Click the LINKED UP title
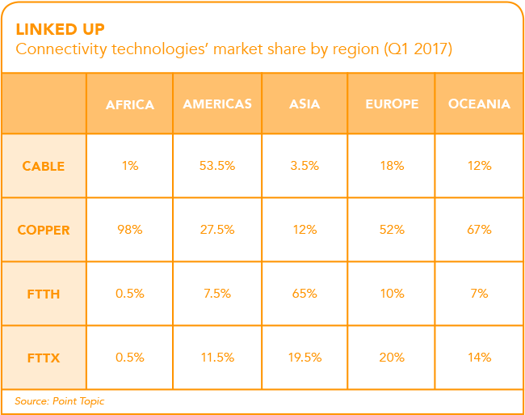pyautogui.click(x=53, y=30)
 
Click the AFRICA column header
pyautogui.click(x=129, y=104)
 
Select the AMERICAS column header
pyautogui.click(x=217, y=104)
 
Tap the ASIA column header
pyautogui.click(x=304, y=104)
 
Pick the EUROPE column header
pyautogui.click(x=392, y=104)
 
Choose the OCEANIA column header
pyautogui.click(x=479, y=104)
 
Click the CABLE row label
pyautogui.click(x=44, y=166)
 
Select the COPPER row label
pyautogui.click(x=44, y=230)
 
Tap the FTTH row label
pyautogui.click(x=44, y=294)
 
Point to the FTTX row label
pyautogui.click(x=44, y=358)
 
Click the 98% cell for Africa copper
pyautogui.click(x=129, y=230)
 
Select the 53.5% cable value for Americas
pyautogui.click(x=217, y=166)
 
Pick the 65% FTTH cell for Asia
pyautogui.click(x=304, y=294)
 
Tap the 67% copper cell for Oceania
pyautogui.click(x=479, y=230)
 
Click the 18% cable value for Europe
pyautogui.click(x=392, y=166)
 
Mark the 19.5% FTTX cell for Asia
pyautogui.click(x=304, y=358)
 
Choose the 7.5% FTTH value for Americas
pyautogui.click(x=217, y=294)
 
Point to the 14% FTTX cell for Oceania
pyautogui.click(x=479, y=358)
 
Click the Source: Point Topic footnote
pyautogui.click(x=60, y=401)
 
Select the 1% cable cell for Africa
pyautogui.click(x=129, y=166)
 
